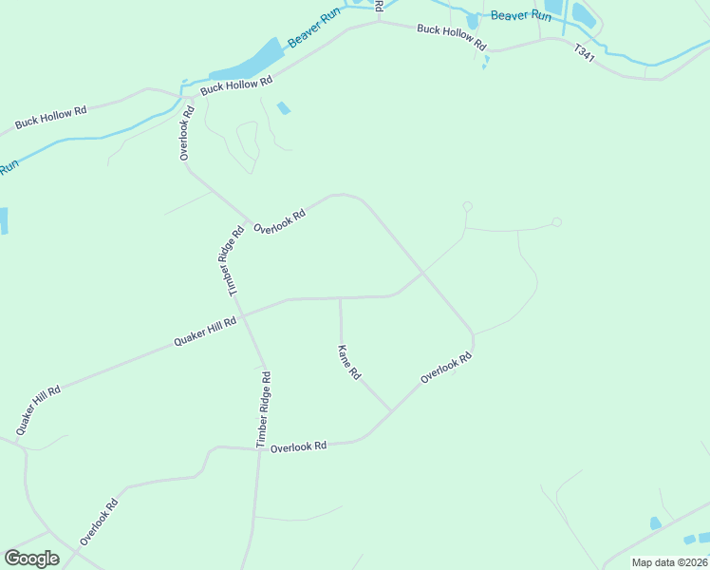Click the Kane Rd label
(x=349, y=362)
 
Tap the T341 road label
(x=585, y=54)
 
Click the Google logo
(x=31, y=558)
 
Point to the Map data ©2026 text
(x=670, y=562)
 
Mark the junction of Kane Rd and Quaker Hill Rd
(x=340, y=298)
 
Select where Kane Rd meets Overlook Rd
(x=391, y=411)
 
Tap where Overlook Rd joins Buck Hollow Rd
(x=190, y=96)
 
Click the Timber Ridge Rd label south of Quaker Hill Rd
(x=264, y=409)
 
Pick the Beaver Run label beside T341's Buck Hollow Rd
(x=521, y=16)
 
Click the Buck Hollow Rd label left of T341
(x=451, y=37)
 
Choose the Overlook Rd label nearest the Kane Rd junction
(x=446, y=370)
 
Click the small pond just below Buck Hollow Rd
(x=283, y=108)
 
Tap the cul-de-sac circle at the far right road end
(x=556, y=222)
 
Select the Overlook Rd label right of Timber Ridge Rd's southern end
(x=298, y=446)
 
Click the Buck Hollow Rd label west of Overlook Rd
(x=50, y=118)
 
